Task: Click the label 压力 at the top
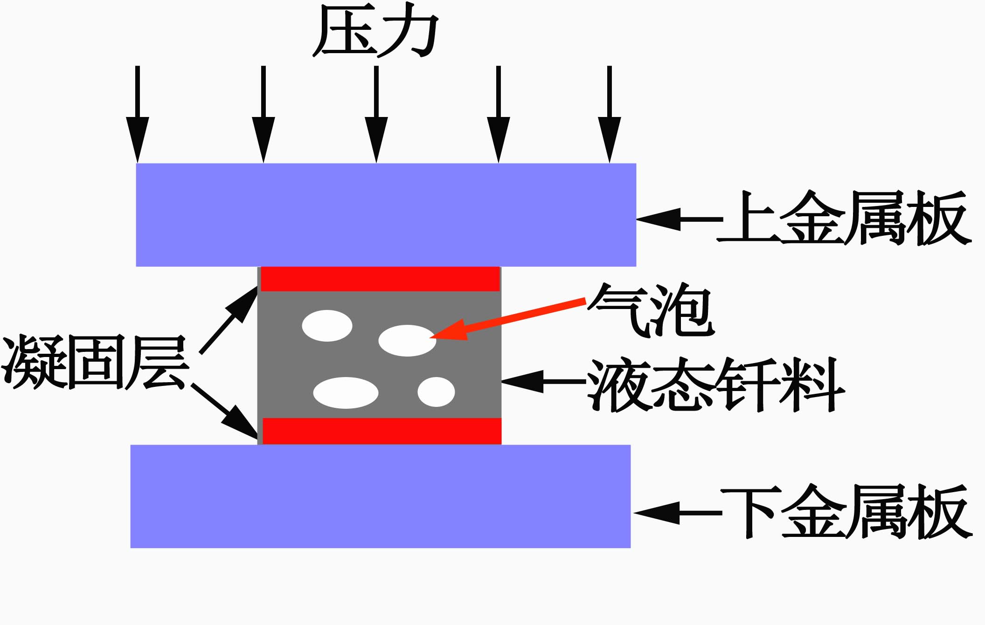click(376, 31)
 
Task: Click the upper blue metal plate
click(386, 214)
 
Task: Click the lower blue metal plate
click(380, 496)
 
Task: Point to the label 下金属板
click(846, 512)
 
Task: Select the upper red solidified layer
click(380, 279)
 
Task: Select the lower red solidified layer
click(382, 431)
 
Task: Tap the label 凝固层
click(96, 362)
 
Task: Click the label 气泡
click(651, 309)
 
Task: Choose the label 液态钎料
click(716, 385)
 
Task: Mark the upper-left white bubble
click(327, 325)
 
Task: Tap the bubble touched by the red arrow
click(407, 340)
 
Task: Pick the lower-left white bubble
click(346, 392)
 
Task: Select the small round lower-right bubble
click(436, 392)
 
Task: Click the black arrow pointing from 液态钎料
click(543, 381)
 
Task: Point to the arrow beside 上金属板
click(679, 219)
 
